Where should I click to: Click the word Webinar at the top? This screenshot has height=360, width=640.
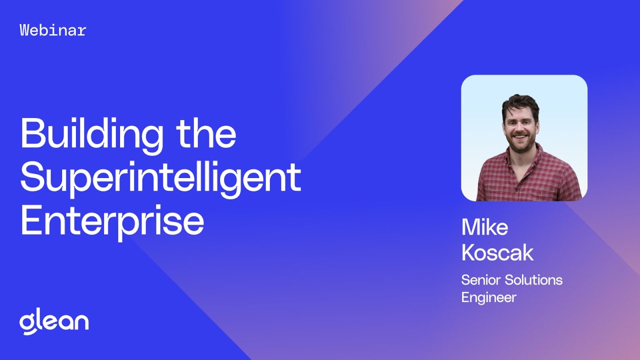[x=53, y=30]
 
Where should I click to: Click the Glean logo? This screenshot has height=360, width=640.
[x=54, y=322]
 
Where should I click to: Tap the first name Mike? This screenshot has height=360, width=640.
[x=484, y=227]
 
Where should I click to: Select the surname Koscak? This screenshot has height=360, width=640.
[x=497, y=253]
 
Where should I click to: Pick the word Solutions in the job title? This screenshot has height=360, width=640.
[x=534, y=280]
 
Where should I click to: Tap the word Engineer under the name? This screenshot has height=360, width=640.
[x=488, y=297]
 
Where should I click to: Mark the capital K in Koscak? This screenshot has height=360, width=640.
[x=470, y=253]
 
